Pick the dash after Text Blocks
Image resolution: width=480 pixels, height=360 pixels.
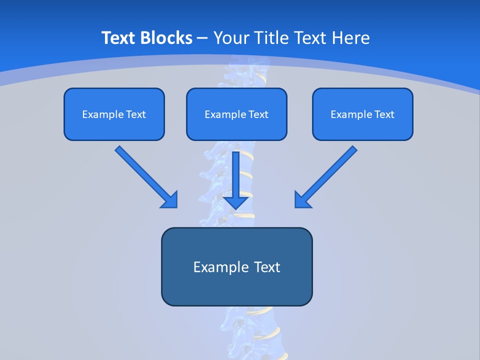[x=202, y=38]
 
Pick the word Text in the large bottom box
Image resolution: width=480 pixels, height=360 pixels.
[x=266, y=267]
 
